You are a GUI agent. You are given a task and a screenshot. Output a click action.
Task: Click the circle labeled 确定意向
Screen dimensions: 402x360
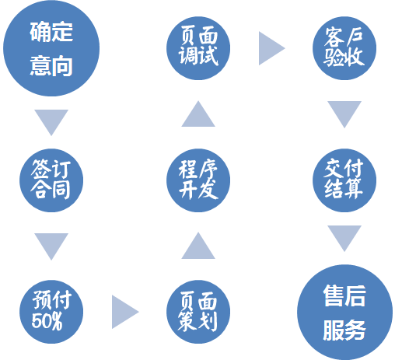point(51,48)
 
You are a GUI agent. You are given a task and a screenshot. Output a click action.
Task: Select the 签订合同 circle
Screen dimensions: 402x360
point(51,180)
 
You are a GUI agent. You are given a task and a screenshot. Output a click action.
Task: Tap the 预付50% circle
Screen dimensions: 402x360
point(51,312)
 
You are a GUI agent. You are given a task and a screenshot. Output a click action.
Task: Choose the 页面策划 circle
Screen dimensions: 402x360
point(198,312)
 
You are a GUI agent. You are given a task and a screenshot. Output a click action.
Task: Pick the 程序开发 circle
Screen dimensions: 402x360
point(198,180)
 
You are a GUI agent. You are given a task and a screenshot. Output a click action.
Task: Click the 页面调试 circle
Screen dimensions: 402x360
point(198,48)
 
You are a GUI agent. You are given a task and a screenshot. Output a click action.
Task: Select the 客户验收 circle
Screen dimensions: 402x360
point(344,48)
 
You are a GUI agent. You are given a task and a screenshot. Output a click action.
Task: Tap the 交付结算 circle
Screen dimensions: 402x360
point(344,180)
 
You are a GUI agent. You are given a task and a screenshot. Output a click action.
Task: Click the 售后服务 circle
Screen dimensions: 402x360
point(344,312)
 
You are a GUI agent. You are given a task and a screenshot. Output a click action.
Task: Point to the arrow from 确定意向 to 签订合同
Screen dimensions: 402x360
point(51,121)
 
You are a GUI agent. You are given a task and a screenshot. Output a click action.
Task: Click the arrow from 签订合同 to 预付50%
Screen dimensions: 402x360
point(51,245)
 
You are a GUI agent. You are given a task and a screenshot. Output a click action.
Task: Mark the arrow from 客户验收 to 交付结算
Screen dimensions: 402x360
point(344,113)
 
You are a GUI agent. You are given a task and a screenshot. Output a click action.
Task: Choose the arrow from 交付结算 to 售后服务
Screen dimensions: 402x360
point(344,236)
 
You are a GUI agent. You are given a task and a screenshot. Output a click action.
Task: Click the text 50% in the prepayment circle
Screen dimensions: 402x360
point(47,321)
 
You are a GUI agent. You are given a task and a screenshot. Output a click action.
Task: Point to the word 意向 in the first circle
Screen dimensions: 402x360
point(51,66)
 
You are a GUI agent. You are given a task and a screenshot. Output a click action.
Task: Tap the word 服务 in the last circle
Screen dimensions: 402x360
point(344,330)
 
